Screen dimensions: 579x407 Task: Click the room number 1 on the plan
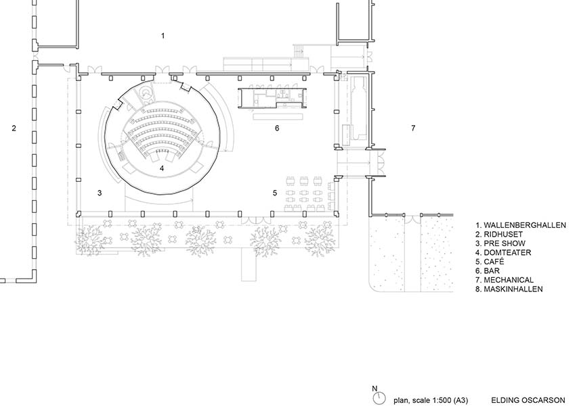163,36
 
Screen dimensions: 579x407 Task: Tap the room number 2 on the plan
14,128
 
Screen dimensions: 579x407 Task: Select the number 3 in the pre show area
100,193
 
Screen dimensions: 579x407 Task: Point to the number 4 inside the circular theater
162,168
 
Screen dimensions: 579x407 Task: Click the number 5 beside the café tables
275,193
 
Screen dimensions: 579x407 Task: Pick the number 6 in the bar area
277,128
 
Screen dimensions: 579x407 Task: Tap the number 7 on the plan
413,128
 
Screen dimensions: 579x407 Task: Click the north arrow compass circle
379,398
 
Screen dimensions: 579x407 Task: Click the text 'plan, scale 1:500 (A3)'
431,400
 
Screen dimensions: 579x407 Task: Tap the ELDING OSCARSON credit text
528,400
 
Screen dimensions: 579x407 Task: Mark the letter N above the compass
374,388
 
